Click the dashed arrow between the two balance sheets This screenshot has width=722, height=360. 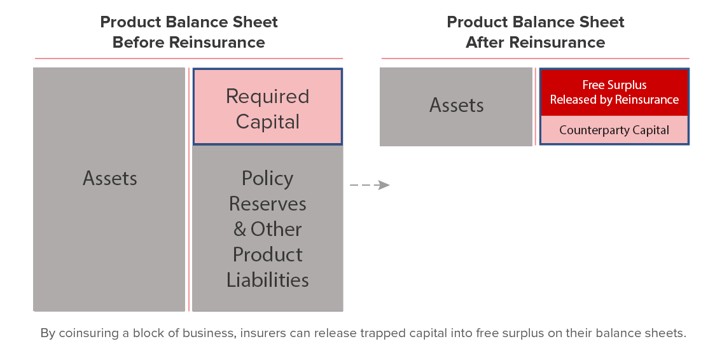click(x=370, y=185)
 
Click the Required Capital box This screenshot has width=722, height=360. click(x=268, y=107)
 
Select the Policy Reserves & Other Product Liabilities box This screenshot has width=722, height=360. click(x=268, y=228)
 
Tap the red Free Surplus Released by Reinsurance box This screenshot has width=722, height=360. click(x=614, y=92)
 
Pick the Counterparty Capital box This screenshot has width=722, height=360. click(x=614, y=130)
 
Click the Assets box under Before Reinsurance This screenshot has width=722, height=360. click(x=109, y=189)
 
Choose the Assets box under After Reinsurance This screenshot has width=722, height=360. click(x=456, y=107)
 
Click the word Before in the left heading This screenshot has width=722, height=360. click(x=139, y=43)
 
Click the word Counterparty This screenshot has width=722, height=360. click(x=591, y=130)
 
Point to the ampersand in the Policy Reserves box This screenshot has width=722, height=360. click(x=240, y=229)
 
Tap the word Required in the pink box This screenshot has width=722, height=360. click(x=268, y=96)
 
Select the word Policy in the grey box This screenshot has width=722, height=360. click(x=268, y=179)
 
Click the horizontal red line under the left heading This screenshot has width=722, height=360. click(x=189, y=59)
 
